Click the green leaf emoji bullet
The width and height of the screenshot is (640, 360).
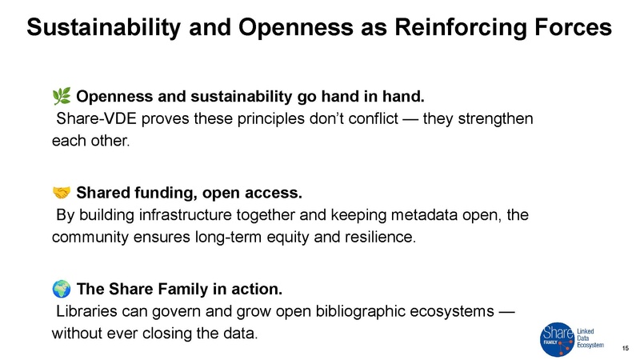61,98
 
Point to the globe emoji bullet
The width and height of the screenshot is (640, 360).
61,286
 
